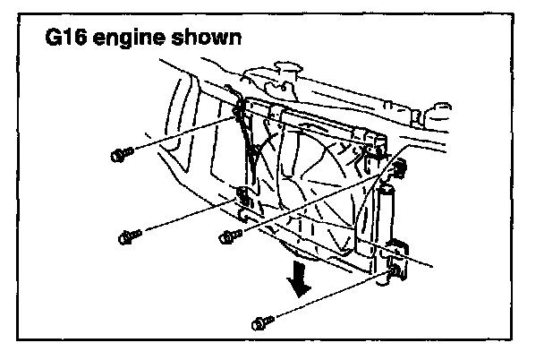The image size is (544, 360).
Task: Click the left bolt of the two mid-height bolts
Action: click(x=128, y=237)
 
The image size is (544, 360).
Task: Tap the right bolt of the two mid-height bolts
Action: click(x=229, y=236)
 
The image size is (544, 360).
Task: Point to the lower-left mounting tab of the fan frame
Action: click(x=243, y=198)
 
